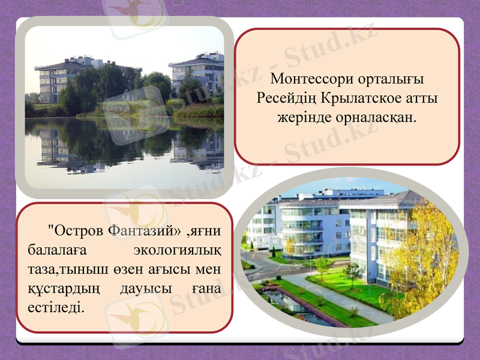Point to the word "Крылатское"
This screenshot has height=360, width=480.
coord(365,98)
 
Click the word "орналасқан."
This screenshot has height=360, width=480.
coord(376,116)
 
